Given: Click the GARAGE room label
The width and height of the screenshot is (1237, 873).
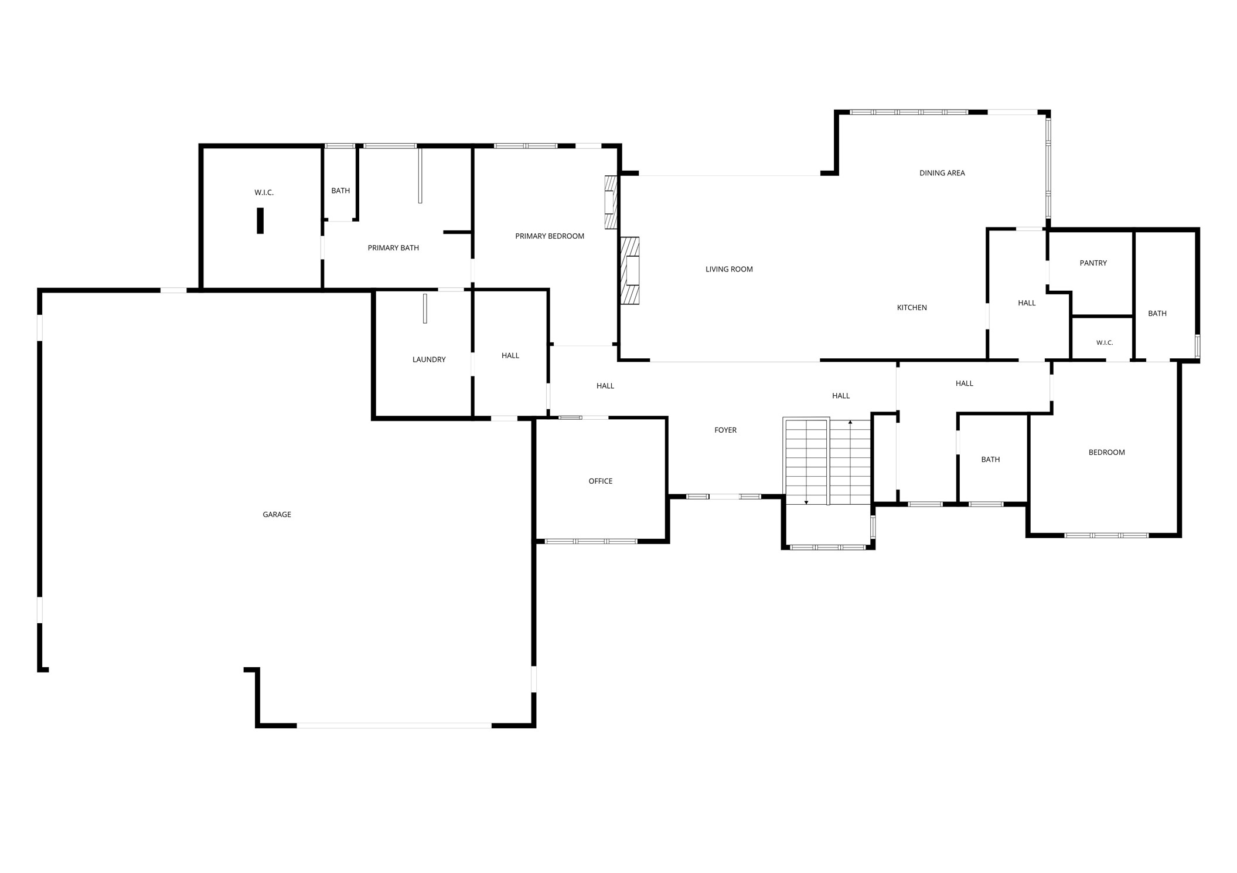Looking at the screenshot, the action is (277, 515).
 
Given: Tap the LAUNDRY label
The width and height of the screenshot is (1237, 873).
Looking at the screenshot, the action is (429, 360).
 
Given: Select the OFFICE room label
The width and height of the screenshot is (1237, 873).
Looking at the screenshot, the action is (601, 481).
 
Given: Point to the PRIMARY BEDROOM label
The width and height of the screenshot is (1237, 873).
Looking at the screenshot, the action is (550, 236).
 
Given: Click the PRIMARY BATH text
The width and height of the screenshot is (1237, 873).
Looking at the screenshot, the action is (393, 248).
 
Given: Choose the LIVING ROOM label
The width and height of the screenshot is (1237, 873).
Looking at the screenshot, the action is (729, 270).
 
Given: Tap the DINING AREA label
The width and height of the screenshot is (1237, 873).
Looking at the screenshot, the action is (942, 173).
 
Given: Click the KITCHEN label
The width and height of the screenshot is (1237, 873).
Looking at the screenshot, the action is (912, 308).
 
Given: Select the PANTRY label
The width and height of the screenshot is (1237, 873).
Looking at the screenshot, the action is (1093, 263).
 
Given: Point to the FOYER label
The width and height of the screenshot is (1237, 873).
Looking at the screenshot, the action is (725, 430).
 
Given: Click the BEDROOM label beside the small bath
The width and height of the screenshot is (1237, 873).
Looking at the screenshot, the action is (1107, 453).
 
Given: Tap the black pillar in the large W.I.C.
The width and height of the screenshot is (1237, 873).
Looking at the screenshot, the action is (260, 221).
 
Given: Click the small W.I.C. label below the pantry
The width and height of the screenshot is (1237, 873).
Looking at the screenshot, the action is (1105, 343).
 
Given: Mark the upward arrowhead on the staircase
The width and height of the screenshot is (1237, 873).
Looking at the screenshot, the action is (850, 422).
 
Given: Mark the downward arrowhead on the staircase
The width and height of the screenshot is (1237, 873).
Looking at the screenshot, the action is (806, 502).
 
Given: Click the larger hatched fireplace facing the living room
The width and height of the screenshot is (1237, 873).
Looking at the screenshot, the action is (630, 271).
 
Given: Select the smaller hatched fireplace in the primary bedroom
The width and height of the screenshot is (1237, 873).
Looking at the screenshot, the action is (611, 202).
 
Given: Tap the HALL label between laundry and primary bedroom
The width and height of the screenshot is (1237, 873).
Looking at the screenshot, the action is (510, 356).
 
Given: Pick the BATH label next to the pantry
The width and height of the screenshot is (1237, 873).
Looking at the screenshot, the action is (1157, 314).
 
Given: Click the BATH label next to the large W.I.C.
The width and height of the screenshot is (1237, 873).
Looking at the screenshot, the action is (340, 191).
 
